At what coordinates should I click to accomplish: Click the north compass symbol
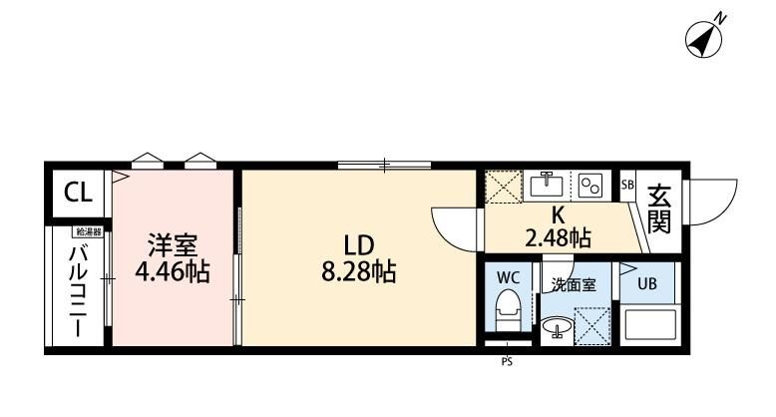pos(703,39)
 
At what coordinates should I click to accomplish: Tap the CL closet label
pos(78,193)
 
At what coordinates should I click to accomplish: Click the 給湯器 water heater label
pos(89,231)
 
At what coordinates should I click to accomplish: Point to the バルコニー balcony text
pos(78,291)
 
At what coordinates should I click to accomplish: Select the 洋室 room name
pos(173,245)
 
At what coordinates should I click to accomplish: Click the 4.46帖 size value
pos(173,271)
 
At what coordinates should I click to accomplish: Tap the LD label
pos(359,245)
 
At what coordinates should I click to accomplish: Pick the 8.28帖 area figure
pos(359,271)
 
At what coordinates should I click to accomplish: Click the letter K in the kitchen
pos(559,214)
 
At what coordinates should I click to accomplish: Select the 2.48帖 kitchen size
pos(559,238)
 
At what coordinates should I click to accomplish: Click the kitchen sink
pos(547,187)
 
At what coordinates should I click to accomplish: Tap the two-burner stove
pos(590,187)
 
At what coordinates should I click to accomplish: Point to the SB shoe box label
pos(627,186)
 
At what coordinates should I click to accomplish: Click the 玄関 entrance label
pos(659,208)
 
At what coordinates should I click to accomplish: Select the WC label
pos(509,278)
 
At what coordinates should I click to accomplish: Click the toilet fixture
pos(509,310)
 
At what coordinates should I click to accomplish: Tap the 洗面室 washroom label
pos(575,285)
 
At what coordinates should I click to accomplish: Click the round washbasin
pos(558,327)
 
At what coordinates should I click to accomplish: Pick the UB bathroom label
pos(647,283)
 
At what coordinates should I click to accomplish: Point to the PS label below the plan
pos(507,362)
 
